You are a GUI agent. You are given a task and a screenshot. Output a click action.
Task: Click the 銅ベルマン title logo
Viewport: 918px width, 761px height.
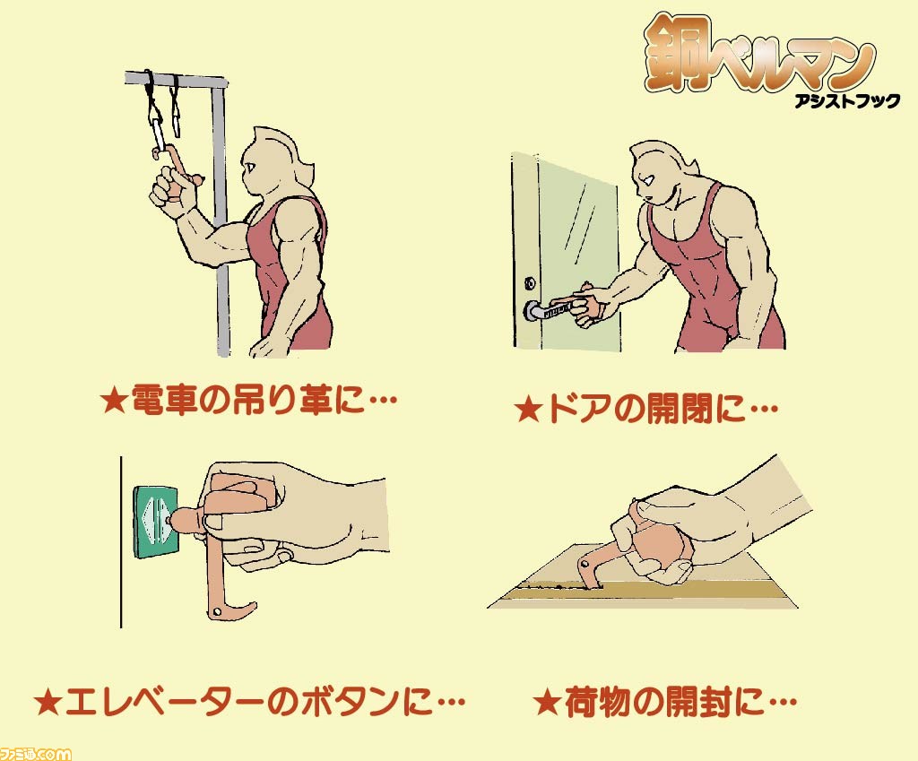(759, 54)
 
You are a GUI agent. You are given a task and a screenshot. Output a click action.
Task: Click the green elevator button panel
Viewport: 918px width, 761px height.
(157, 521)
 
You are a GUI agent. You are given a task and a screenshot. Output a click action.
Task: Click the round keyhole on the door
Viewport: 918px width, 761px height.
(529, 283)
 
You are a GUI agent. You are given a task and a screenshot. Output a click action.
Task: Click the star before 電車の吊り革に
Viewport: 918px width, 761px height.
(114, 401)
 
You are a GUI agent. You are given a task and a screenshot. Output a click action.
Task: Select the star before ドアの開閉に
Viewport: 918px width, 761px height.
(529, 409)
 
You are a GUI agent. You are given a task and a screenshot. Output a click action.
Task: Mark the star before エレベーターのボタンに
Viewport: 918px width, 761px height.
(48, 703)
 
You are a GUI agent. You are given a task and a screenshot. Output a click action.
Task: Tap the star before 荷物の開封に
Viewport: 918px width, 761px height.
(548, 702)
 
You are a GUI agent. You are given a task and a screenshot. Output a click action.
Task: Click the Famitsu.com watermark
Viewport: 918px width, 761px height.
(35, 753)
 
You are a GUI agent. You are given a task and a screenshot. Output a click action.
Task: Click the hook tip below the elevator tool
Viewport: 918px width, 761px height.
(249, 609)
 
